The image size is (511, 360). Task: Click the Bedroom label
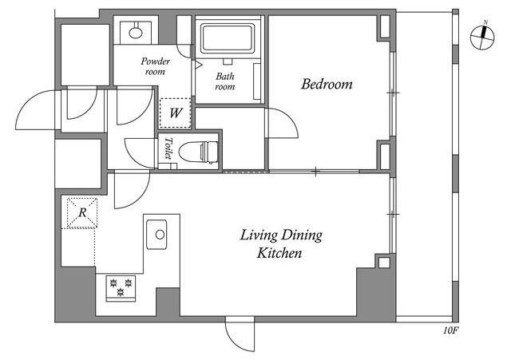[x=327, y=84]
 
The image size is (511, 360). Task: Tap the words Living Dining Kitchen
[x=281, y=243]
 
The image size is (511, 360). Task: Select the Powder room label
[x=156, y=66]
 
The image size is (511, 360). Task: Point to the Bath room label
[x=225, y=81]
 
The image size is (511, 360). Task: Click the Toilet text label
[x=168, y=148]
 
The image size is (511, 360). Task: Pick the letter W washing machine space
[x=176, y=113]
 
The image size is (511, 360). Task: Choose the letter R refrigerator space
[x=82, y=213]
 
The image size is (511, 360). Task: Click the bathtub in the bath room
[x=228, y=38]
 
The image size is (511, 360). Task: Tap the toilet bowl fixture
[x=198, y=152]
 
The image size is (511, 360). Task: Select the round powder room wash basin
[x=135, y=33]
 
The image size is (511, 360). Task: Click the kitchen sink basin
[x=156, y=235]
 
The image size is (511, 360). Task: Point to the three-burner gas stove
[x=121, y=288]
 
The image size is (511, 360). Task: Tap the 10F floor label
[x=450, y=330]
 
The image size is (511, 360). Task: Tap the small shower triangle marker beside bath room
[x=198, y=65]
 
